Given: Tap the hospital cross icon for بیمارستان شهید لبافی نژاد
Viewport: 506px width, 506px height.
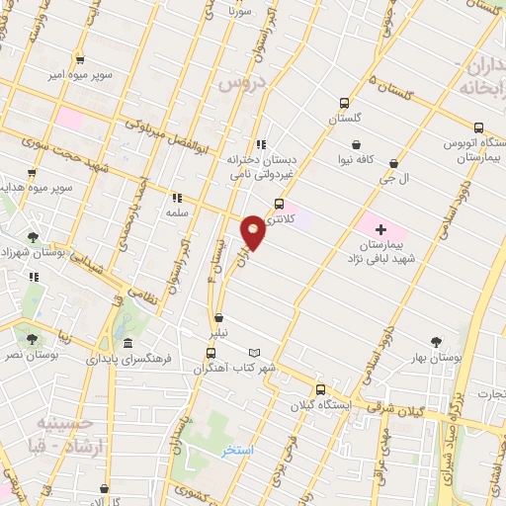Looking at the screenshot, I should click(381, 228).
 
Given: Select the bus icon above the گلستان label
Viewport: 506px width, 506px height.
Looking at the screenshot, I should click(344, 103).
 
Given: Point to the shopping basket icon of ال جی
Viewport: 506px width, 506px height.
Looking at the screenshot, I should click(395, 163).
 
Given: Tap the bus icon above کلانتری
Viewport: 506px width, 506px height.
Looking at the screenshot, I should click(279, 204).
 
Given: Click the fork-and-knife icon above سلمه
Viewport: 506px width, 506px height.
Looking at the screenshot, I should click(178, 198).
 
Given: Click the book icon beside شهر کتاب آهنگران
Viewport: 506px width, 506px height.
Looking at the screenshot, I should click(256, 353).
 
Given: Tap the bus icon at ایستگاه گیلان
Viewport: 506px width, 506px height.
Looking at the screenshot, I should click(318, 388).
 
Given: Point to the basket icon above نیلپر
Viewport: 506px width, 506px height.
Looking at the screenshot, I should click(218, 318).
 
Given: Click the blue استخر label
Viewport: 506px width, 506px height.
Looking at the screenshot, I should click(236, 450).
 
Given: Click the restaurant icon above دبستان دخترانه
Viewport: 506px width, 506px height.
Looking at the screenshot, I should click(259, 143).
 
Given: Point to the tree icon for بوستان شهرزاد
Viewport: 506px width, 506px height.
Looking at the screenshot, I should click(33, 237).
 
